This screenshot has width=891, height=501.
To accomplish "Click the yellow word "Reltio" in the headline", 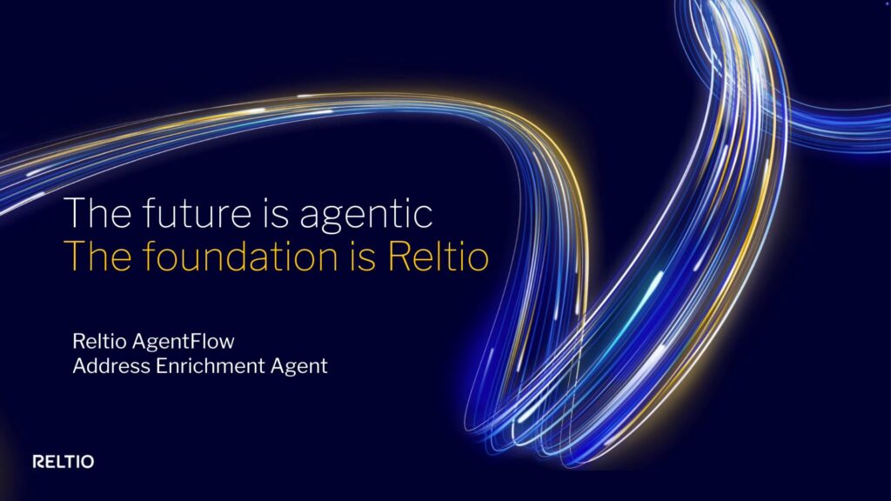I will pyautogui.click(x=438, y=258).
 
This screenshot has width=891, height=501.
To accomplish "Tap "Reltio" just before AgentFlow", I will pyautogui.click(x=100, y=339).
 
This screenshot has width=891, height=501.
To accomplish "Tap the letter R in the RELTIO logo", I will pyautogui.click(x=38, y=462).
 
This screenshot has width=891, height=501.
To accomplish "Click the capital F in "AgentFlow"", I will pyautogui.click(x=203, y=339).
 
